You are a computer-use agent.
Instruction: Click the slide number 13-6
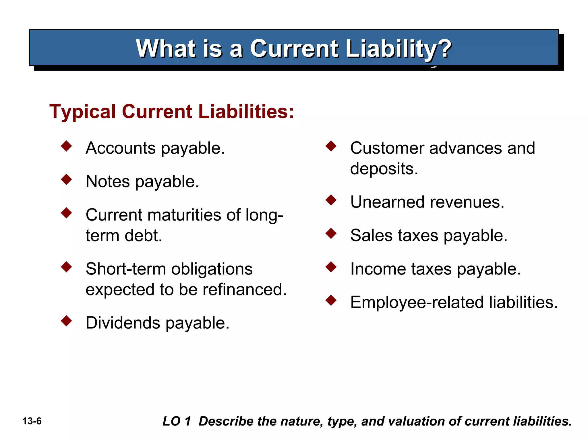(32, 421)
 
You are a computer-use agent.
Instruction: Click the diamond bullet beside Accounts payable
(66, 146)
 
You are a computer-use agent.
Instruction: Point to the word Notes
(108, 181)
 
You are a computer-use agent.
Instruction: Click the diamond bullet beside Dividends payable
(66, 321)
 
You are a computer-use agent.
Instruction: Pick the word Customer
(387, 148)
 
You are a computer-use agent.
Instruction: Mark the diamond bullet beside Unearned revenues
(331, 200)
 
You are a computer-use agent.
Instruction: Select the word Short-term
(126, 269)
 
